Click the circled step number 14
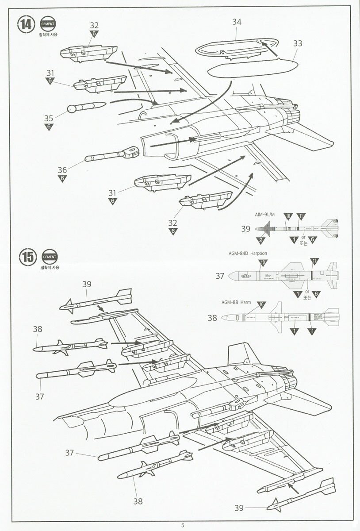[26, 24]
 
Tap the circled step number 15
[26, 257]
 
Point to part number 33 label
[298, 43]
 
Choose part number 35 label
[49, 118]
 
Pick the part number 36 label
[62, 169]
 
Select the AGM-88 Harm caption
[236, 302]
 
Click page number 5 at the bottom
[182, 525]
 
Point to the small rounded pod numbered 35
[86, 108]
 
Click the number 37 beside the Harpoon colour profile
[220, 276]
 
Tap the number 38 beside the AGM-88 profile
[212, 317]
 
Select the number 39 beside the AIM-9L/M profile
[246, 229]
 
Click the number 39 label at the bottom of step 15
[239, 508]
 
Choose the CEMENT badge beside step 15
[49, 257]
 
